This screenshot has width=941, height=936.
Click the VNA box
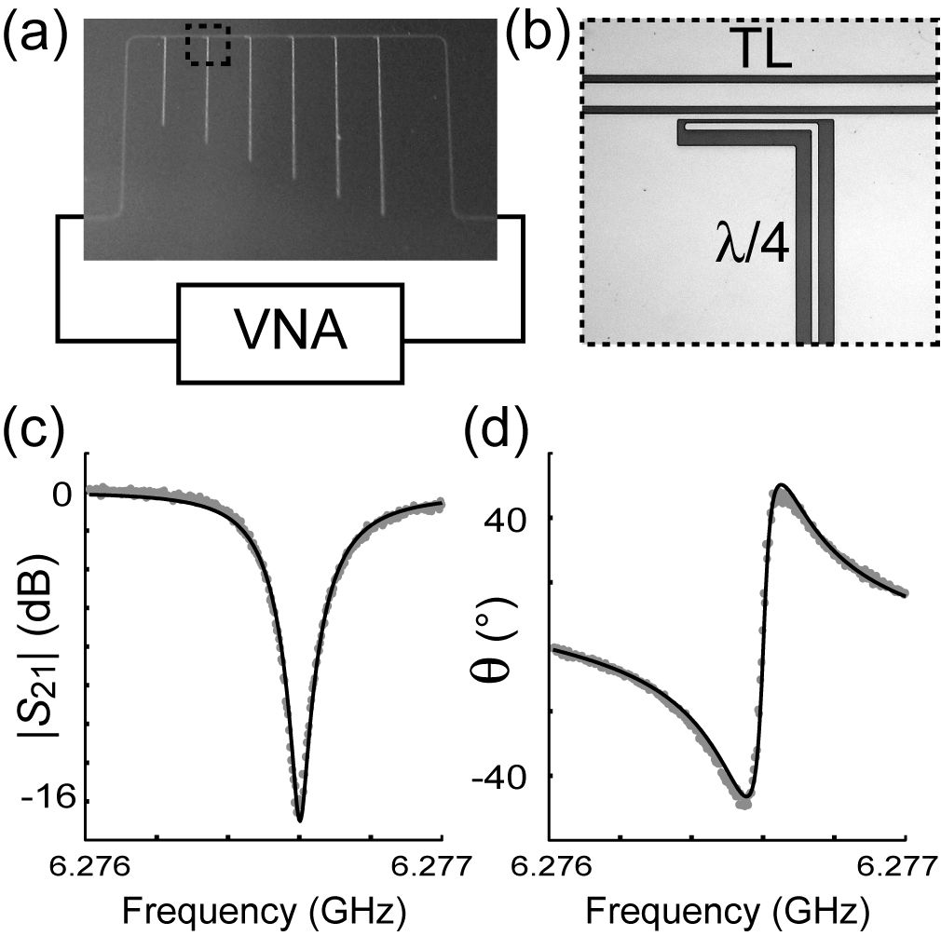tap(291, 333)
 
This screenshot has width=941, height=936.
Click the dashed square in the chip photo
tap(208, 45)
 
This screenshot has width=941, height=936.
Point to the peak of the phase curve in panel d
tap(783, 485)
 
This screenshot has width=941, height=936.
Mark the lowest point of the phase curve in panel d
tap(744, 798)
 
